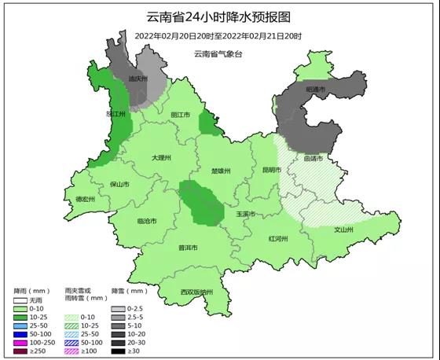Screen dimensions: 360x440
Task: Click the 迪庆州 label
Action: pyautogui.click(x=137, y=79)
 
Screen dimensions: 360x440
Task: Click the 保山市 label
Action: pyautogui.click(x=119, y=184)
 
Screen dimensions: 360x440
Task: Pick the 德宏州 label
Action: pyautogui.click(x=84, y=200)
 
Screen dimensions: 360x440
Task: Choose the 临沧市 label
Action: pyautogui.click(x=146, y=221)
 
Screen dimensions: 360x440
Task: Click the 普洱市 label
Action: pyautogui.click(x=188, y=248)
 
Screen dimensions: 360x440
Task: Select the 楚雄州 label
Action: pyautogui.click(x=222, y=171)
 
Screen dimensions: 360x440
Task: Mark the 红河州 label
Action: pyautogui.click(x=278, y=237)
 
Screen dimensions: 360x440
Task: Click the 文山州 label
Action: pyautogui.click(x=343, y=230)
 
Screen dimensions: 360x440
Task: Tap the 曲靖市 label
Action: pyautogui.click(x=313, y=158)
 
